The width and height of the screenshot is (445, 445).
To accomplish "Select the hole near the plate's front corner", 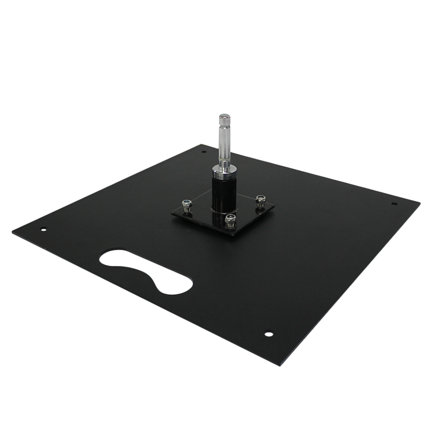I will point(269,334).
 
